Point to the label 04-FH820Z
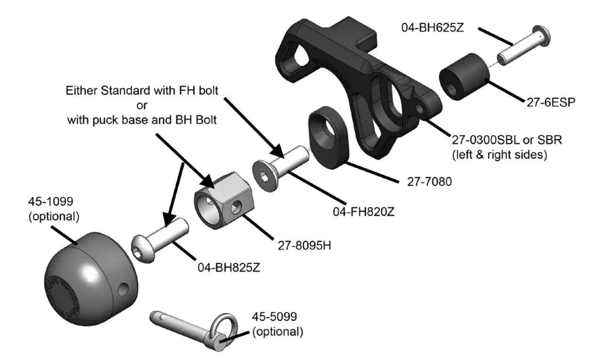pyautogui.click(x=363, y=212)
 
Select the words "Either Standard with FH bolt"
pyautogui.click(x=142, y=90)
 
